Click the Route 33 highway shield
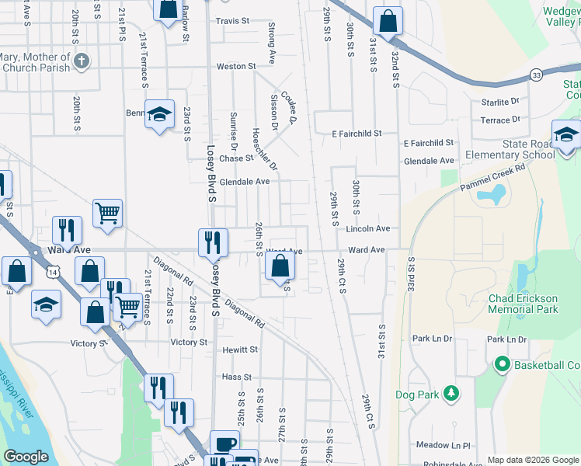point(537,75)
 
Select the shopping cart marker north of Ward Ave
point(107,212)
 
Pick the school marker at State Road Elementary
point(566,134)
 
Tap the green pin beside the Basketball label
point(502,364)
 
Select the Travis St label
point(232,21)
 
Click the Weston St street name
point(236,67)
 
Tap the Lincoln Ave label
point(367,229)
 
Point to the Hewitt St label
point(240,350)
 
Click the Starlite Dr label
point(499,102)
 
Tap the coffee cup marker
point(225,443)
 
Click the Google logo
point(26,457)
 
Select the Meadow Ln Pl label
point(443,446)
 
